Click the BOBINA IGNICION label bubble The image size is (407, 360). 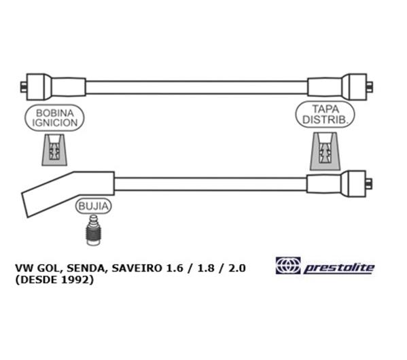(54, 118)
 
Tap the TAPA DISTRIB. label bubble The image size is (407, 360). (325, 114)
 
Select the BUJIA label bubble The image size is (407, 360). (94, 206)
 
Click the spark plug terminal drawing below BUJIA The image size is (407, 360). (94, 230)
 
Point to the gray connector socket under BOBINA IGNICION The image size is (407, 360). (54, 149)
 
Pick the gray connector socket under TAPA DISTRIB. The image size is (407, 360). (325, 151)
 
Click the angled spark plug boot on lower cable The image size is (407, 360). (68, 194)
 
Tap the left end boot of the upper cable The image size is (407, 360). (56, 87)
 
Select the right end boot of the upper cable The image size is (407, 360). (337, 87)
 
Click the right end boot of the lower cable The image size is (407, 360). (336, 184)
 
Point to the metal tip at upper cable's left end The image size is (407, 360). (23, 87)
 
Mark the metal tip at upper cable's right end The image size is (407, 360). (370, 87)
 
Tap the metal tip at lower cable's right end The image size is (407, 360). (369, 184)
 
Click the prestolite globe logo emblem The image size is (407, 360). (288, 266)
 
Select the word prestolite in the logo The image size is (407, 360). (339, 268)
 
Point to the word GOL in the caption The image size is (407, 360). (51, 268)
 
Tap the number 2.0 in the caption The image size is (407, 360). (236, 268)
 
